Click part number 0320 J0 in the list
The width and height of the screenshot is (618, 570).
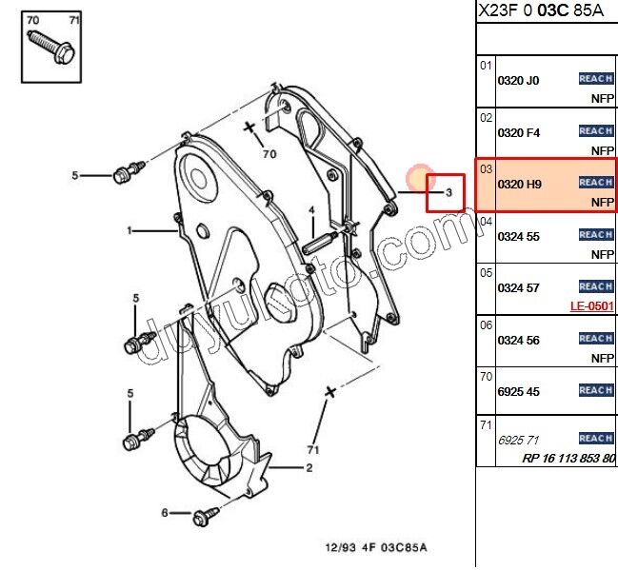click(518, 81)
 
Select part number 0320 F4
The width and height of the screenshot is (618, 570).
click(518, 133)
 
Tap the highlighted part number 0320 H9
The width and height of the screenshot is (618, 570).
click(519, 185)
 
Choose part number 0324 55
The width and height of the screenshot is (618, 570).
click(518, 237)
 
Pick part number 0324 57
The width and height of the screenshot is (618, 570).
click(518, 288)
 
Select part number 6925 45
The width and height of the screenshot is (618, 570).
click(518, 392)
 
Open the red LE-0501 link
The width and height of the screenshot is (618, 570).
click(591, 306)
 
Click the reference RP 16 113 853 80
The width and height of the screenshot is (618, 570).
click(568, 458)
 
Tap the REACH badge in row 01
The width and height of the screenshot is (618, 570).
click(595, 79)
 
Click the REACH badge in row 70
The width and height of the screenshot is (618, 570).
click(595, 390)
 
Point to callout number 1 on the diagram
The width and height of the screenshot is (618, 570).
click(130, 230)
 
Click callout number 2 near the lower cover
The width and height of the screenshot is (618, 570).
click(309, 468)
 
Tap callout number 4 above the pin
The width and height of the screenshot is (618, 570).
click(310, 210)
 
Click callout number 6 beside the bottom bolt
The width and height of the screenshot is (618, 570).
click(164, 513)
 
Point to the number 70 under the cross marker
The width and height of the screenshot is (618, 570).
click(269, 153)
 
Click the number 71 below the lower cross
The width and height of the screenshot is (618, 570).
click(311, 448)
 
